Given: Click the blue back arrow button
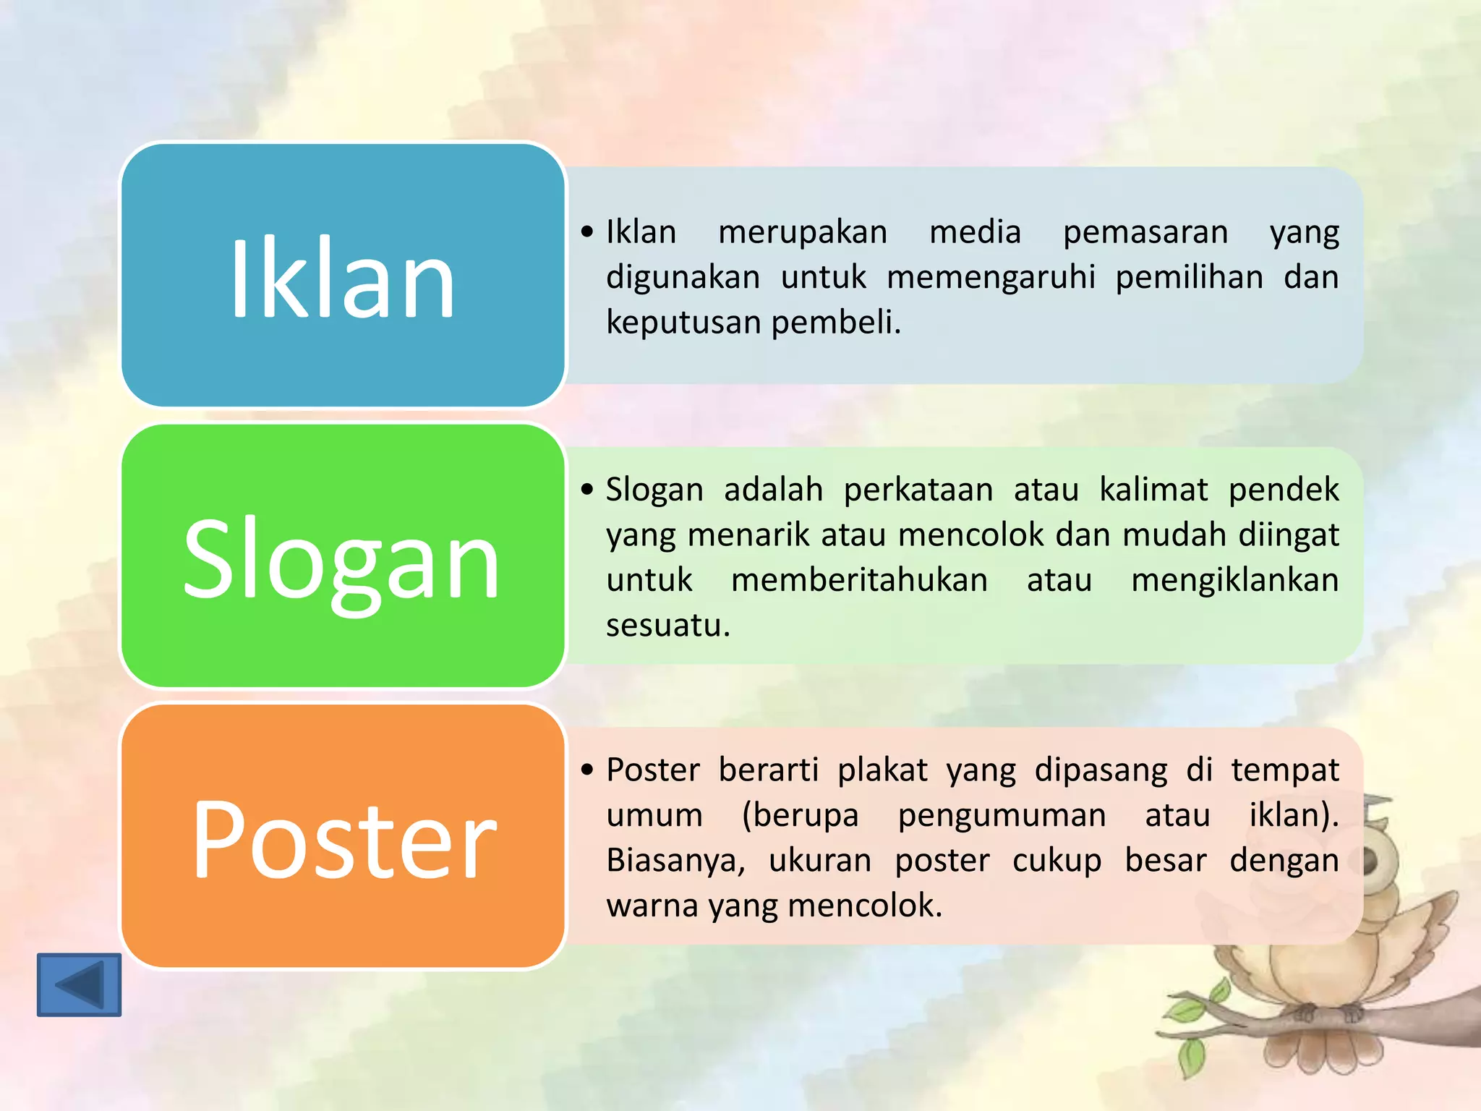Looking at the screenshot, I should [x=79, y=984].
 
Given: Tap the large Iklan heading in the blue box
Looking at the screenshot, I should [x=342, y=278].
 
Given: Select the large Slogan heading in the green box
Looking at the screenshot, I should [x=342, y=559].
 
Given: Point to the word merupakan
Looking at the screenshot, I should [x=802, y=233].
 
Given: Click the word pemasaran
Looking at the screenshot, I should [x=1145, y=233].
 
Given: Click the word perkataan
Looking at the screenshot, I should [x=918, y=490].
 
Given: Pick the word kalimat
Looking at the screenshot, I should [x=1153, y=490].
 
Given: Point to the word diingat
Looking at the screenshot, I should [x=1289, y=536].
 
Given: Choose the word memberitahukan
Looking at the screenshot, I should [x=859, y=581].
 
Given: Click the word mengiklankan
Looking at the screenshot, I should [x=1234, y=581].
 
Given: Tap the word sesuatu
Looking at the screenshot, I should [x=667, y=626].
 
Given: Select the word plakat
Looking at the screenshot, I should [x=882, y=770].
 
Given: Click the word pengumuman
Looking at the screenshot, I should [x=1002, y=816].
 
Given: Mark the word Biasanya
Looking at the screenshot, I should [x=675, y=861].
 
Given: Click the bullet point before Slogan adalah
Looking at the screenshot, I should [x=587, y=490].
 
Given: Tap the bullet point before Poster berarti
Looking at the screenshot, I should [x=587, y=770].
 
